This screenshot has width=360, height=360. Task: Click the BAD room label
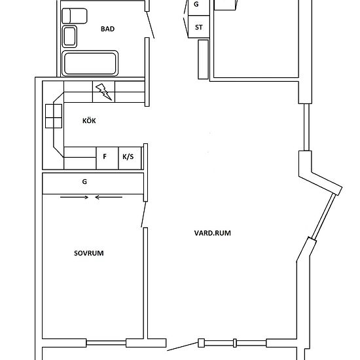tap(107, 29)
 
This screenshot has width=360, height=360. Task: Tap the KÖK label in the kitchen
tap(89, 121)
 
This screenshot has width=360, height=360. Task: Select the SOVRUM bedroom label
tap(88, 253)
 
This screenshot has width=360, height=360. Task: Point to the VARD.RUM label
tap(212, 233)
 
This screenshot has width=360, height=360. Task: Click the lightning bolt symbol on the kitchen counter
tap(104, 92)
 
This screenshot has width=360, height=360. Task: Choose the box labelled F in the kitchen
tap(107, 158)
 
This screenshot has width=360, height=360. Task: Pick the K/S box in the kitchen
tap(130, 158)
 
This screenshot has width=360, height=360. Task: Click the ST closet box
tap(199, 27)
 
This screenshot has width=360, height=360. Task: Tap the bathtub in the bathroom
tap(90, 63)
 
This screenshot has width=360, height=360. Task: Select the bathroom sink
tap(69, 37)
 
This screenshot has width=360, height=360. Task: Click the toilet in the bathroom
tap(75, 16)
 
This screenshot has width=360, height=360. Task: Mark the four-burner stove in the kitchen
tap(54, 116)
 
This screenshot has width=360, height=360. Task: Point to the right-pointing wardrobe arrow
tap(74, 197)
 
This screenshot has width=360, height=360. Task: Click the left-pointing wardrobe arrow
tap(109, 197)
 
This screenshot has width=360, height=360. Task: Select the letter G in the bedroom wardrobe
tap(84, 181)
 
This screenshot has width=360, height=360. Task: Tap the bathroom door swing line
tap(151, 25)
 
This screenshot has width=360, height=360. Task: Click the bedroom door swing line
tap(143, 214)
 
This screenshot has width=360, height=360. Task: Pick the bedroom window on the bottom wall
tap(106, 343)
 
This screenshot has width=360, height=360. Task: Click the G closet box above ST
tap(199, 7)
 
